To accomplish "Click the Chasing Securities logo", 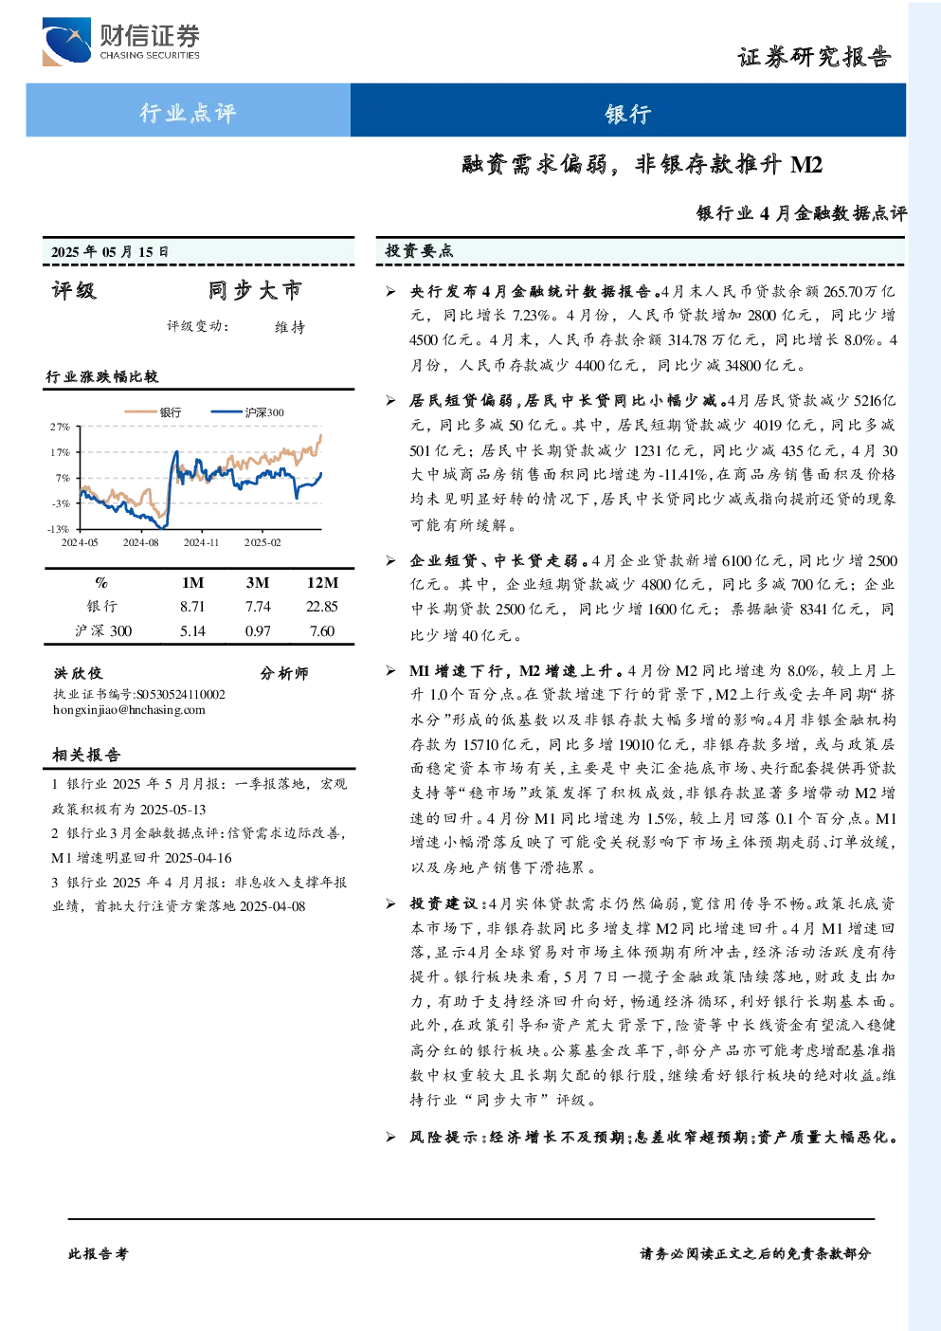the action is pos(121,42).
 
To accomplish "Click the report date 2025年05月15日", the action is pos(109,252).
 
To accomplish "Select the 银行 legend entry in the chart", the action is pos(153,412).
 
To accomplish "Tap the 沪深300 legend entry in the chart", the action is pos(247,412).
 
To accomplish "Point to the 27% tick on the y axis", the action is pos(60,427).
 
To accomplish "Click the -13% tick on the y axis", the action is pos(59,529).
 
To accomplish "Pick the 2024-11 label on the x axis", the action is pos(202,542).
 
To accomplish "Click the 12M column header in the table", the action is pos(322,583).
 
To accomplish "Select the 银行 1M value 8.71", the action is pos(192,607).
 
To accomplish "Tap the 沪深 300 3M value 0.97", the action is pos(258,631).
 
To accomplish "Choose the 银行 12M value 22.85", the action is pos(322,607).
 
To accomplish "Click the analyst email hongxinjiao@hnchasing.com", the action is pos(129,710).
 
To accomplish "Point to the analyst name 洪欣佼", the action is pos(78,673).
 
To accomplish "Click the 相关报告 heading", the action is pos(86,755).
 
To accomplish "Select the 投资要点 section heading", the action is pos(420,251).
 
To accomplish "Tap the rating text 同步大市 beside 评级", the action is pos(255,290).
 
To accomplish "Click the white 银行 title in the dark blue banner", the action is pos(628,113).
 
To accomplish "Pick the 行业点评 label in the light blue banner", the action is pos(188,112).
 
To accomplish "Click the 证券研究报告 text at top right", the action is pos(814,57).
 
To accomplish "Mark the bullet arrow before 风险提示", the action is pos(390,1138).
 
